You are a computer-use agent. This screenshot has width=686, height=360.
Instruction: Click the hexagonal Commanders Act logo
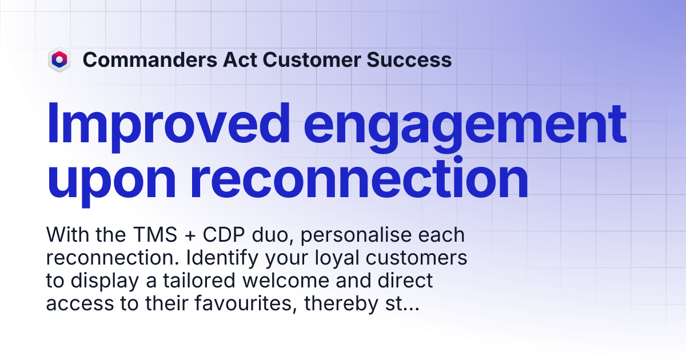pyautogui.click(x=59, y=59)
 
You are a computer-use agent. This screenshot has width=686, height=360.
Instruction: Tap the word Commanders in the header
pyautogui.click(x=150, y=59)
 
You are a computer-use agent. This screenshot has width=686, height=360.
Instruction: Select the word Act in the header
pyautogui.click(x=240, y=59)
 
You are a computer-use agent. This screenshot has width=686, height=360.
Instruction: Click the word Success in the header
pyautogui.click(x=409, y=59)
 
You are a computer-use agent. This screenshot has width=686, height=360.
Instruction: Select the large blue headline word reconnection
pyautogui.click(x=360, y=178)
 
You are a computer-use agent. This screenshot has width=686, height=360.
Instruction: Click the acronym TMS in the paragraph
pyautogui.click(x=155, y=235)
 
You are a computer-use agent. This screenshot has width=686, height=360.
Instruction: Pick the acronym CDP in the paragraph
pyautogui.click(x=224, y=235)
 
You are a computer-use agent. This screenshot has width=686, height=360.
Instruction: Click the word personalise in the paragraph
pyautogui.click(x=356, y=235)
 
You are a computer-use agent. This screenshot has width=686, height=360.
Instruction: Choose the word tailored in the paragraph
pyautogui.click(x=199, y=281)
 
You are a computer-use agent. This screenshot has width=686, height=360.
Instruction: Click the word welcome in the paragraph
pyautogui.click(x=286, y=281)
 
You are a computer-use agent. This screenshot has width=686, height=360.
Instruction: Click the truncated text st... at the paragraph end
pyautogui.click(x=402, y=304)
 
